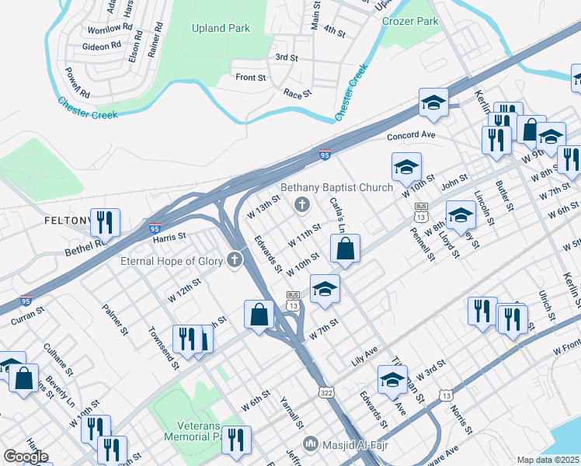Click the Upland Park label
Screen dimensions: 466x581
(221, 28)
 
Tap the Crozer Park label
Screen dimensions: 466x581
(411, 22)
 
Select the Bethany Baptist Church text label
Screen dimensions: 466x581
(336, 187)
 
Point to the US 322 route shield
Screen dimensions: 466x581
(326, 395)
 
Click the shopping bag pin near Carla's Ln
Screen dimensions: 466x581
(345, 250)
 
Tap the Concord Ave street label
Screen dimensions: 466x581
(412, 136)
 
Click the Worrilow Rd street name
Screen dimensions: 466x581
(104, 29)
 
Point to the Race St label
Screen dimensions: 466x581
(297, 92)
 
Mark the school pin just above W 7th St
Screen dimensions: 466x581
(325, 290)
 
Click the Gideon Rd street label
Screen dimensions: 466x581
(102, 46)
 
